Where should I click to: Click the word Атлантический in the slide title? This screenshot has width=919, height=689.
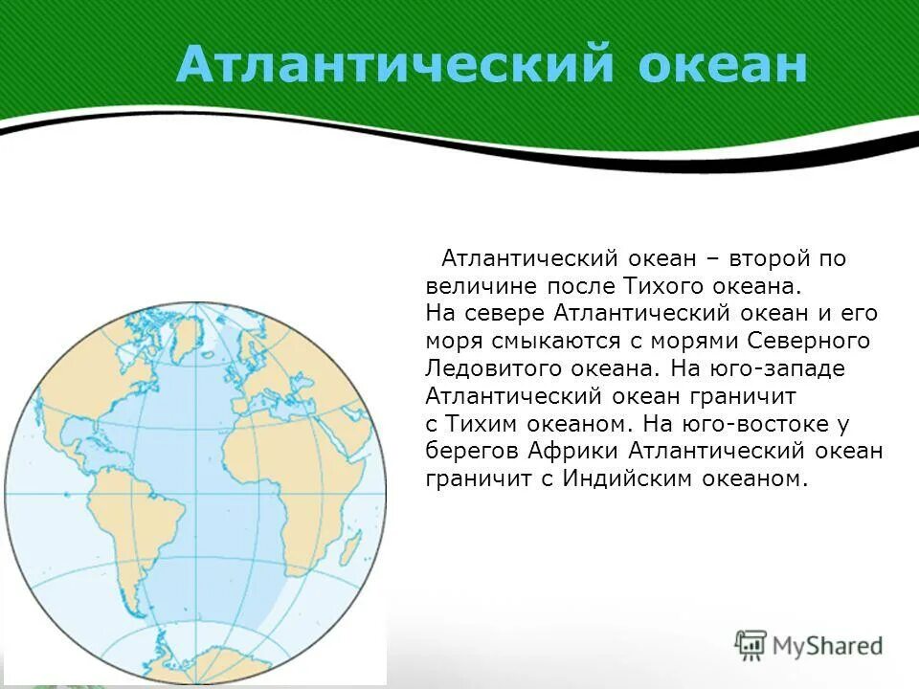point(392,66)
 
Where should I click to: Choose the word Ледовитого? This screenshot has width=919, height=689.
point(489,369)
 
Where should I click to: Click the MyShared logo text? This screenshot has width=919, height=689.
point(827,645)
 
